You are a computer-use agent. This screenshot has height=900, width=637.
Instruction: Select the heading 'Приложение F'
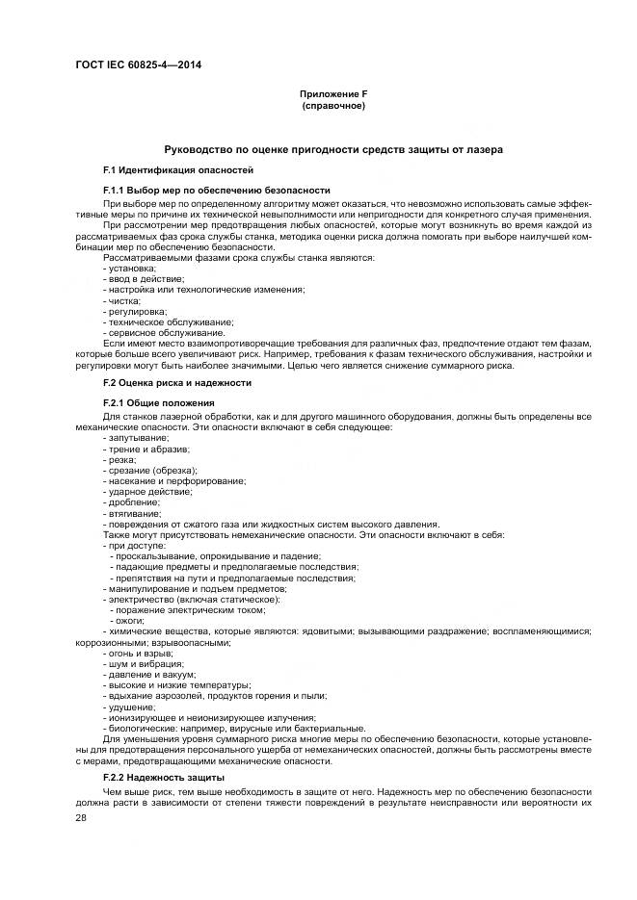pyautogui.click(x=333, y=93)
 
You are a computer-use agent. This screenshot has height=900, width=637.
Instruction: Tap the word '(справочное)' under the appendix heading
pyautogui.click(x=333, y=105)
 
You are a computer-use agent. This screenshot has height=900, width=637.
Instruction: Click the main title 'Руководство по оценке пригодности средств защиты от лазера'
pyautogui.click(x=333, y=150)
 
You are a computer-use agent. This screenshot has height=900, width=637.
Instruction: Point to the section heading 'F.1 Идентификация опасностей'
pyautogui.click(x=172, y=169)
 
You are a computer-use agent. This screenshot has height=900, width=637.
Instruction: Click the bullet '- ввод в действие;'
pyautogui.click(x=144, y=278)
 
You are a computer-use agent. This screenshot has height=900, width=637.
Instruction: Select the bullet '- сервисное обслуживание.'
pyautogui.click(x=163, y=332)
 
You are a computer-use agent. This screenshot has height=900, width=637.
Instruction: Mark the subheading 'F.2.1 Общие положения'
pyautogui.click(x=158, y=402)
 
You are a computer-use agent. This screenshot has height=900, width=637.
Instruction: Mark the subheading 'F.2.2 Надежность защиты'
pyautogui.click(x=164, y=776)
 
